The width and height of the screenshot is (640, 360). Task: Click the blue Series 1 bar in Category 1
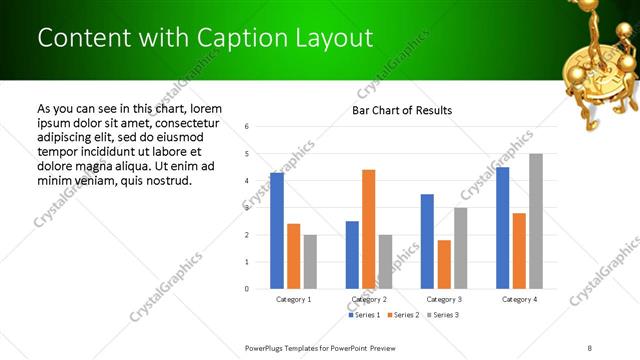point(277,231)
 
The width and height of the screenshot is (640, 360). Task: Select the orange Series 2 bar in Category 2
point(368,229)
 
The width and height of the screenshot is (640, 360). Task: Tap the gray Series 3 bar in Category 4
point(536,221)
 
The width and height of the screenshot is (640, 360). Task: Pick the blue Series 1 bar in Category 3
point(427,241)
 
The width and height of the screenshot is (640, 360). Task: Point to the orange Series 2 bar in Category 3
point(444,264)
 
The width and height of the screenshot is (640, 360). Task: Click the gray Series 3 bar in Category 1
point(310,262)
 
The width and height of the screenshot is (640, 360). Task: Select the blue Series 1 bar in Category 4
point(502,228)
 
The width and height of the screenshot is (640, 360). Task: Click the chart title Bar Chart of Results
point(402,110)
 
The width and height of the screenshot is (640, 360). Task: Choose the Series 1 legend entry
point(364,315)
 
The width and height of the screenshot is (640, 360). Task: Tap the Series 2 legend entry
point(402,315)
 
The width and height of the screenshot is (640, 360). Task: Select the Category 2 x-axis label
point(368,299)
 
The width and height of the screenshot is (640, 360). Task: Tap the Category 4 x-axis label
point(519,299)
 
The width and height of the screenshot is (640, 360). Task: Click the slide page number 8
point(590,347)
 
